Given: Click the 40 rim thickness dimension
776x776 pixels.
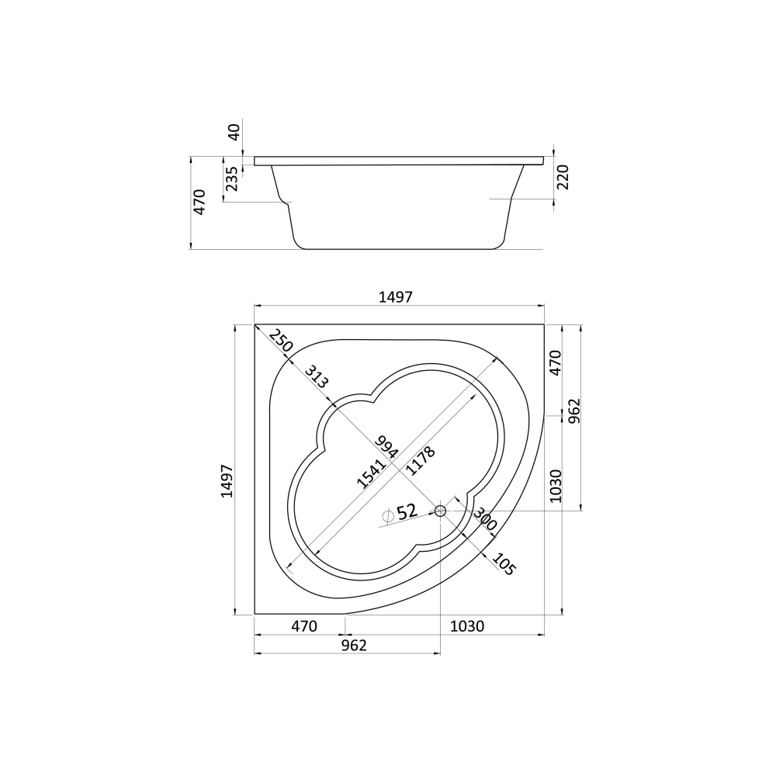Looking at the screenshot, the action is pyautogui.click(x=234, y=132).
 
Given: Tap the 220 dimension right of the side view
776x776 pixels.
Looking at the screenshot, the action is pyautogui.click(x=563, y=177).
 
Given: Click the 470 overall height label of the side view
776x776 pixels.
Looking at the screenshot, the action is pyautogui.click(x=199, y=202).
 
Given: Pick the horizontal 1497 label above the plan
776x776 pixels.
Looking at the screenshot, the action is pyautogui.click(x=396, y=297).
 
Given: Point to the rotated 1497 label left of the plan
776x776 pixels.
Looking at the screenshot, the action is pyautogui.click(x=227, y=480).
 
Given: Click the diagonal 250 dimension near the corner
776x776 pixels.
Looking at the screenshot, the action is pyautogui.click(x=281, y=340).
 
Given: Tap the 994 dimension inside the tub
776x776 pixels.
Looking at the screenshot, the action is pyautogui.click(x=386, y=447).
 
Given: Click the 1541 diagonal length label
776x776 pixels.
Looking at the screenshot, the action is pyautogui.click(x=371, y=473).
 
